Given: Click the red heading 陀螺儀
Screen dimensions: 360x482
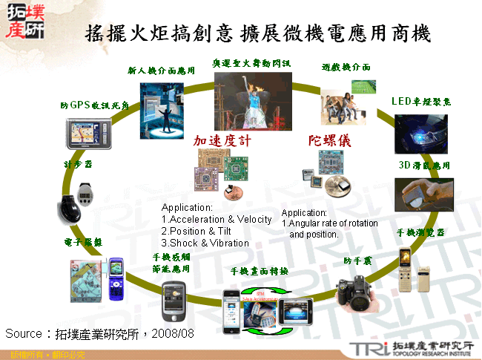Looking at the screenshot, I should tap(329, 140).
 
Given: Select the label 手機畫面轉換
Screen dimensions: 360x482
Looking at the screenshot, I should tap(260, 271).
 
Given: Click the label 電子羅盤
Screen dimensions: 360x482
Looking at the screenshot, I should tap(82, 242).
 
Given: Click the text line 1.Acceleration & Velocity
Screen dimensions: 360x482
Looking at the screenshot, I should tap(217, 220).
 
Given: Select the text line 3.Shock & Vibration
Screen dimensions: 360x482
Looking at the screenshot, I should tap(205, 243).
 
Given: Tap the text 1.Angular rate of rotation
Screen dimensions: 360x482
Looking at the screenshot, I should tap(329, 223).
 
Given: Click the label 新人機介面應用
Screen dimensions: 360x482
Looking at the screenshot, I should tap(162, 71).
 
